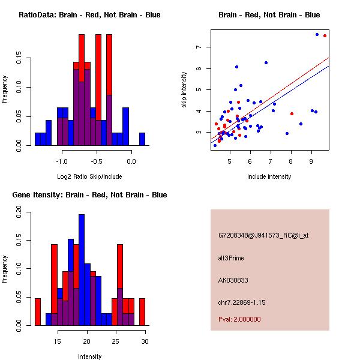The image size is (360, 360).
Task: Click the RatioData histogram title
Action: coord(89,15)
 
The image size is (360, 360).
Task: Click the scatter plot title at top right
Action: coord(269,15)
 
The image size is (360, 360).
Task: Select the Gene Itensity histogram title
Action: coord(89,195)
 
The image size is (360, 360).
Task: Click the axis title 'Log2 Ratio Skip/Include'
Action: coord(89,176)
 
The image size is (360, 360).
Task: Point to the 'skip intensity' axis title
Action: coord(185,90)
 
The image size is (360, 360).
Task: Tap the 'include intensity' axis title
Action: coord(269,176)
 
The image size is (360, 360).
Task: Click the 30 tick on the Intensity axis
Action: coord(145,341)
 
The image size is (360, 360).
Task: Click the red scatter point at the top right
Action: coord(325,36)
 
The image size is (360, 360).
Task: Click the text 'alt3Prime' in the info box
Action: coord(231,258)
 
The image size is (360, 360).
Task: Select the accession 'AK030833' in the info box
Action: coord(234,280)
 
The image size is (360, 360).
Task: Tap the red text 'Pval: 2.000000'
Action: coord(239,319)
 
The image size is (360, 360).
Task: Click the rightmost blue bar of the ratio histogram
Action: coord(142,139)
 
